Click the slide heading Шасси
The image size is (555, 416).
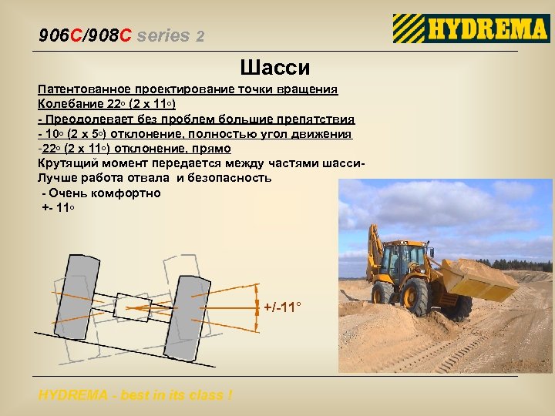coord(275,68)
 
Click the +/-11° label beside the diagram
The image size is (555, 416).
coord(282,307)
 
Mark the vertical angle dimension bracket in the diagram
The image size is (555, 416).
coord(256,307)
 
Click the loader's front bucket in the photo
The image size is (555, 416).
coord(479,278)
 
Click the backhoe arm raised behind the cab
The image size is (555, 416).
coord(375,254)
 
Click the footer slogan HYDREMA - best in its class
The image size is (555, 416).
coord(135,396)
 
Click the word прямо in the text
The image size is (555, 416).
coord(212,149)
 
